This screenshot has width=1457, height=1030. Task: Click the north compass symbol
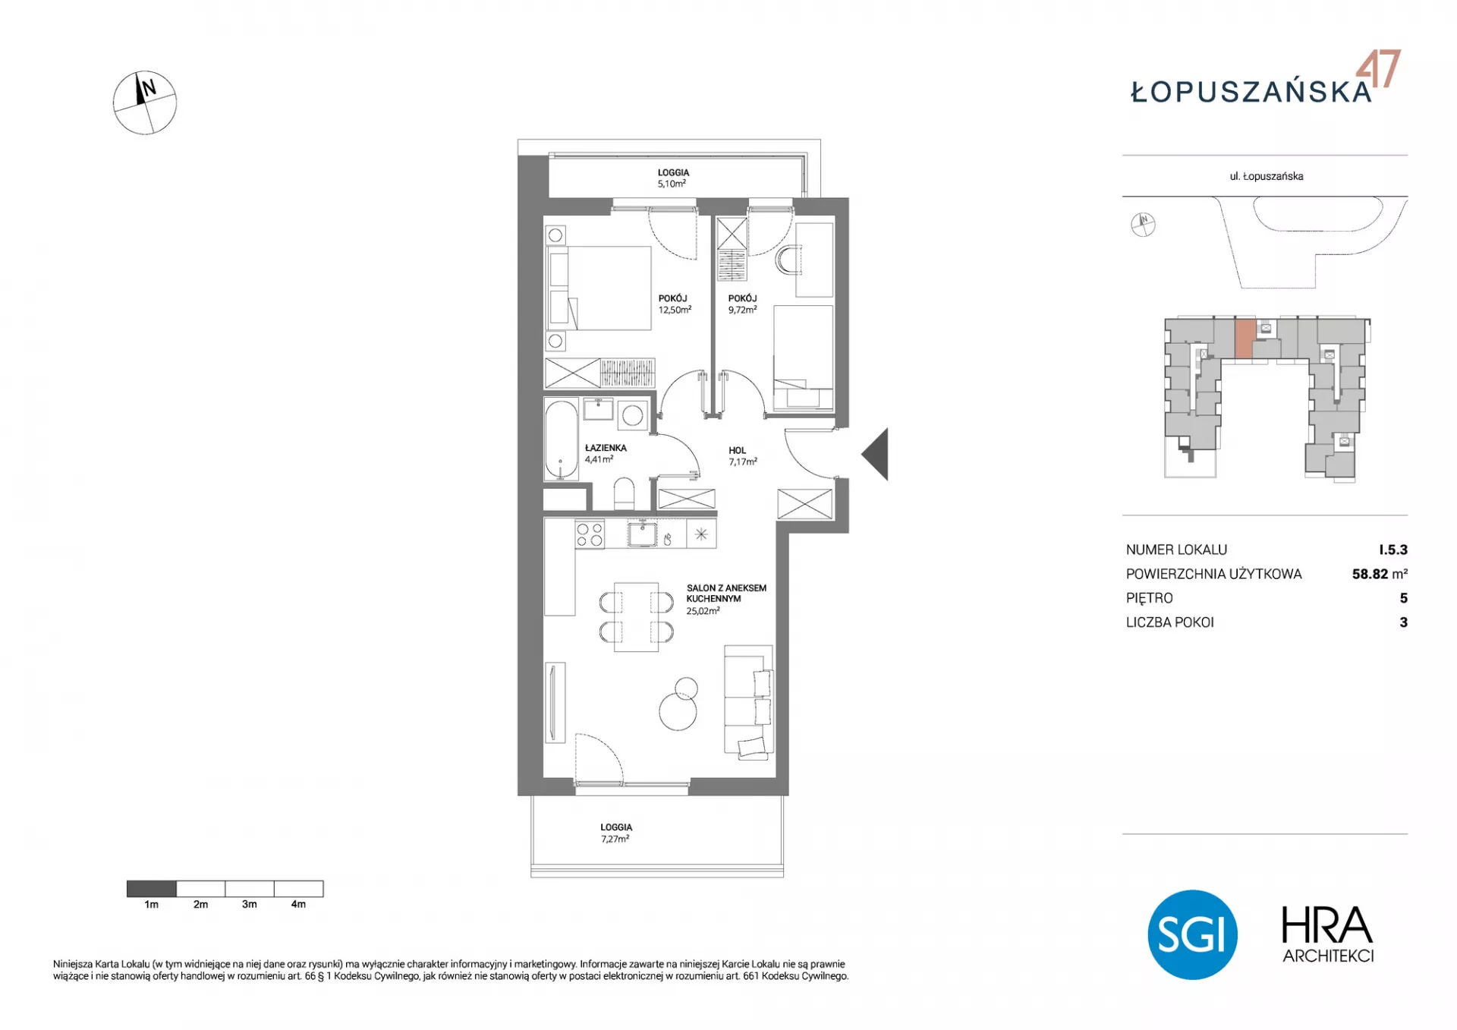145,103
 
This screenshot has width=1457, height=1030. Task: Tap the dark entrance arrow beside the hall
877,454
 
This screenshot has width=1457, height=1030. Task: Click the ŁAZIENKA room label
606,448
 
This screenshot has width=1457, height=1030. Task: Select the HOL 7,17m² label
742,455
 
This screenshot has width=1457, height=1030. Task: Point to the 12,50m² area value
675,310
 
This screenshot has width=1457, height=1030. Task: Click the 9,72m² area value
742,310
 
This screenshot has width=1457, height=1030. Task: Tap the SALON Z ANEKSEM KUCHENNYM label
726,593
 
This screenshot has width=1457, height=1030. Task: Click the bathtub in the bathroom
561,439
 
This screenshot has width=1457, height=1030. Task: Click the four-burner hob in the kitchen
590,534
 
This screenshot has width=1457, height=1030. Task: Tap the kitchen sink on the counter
643,534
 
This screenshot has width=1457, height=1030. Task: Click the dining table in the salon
636,616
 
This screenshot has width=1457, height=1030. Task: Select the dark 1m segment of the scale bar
152,888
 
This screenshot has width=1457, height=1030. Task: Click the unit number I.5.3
1393,550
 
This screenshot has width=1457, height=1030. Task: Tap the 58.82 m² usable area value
1380,574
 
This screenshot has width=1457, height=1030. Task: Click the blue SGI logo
1192,934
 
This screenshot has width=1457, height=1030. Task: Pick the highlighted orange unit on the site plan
1244,339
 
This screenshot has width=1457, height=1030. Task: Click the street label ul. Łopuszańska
1267,176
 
